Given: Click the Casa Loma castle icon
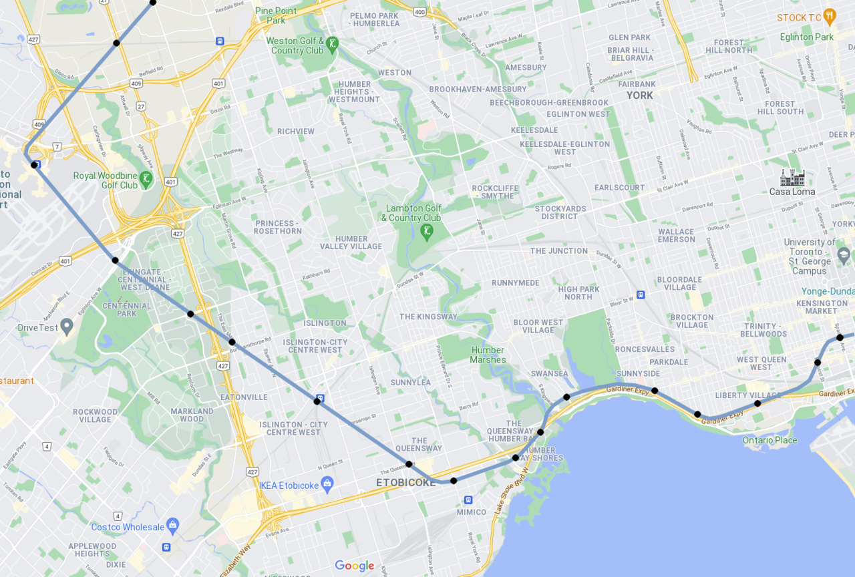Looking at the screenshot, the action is [x=792, y=178].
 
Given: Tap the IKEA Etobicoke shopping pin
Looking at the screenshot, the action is [x=327, y=483].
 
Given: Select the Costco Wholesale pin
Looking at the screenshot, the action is [x=172, y=524].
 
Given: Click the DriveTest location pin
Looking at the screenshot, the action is [x=66, y=326].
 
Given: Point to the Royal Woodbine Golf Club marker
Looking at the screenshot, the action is [x=146, y=179].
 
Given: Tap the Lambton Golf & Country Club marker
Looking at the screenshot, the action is [x=427, y=232].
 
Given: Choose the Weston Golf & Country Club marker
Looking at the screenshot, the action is [x=332, y=45].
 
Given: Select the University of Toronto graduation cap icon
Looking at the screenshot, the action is [x=844, y=254].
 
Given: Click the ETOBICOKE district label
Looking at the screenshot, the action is [x=405, y=482].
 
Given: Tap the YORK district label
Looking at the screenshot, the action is [x=639, y=95].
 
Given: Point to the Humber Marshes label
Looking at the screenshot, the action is [x=488, y=355].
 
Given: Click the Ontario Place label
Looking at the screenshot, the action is [x=769, y=440].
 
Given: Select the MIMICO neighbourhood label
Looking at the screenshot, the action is [x=472, y=512].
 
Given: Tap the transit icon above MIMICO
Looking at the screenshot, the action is [x=468, y=500].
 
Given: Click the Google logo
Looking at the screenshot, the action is [x=355, y=566].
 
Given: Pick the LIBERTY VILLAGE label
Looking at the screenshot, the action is [x=747, y=395].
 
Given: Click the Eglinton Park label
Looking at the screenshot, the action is [x=807, y=37].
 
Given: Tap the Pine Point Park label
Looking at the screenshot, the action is [x=276, y=15].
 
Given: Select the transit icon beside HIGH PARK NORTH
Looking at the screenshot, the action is [x=641, y=295].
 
